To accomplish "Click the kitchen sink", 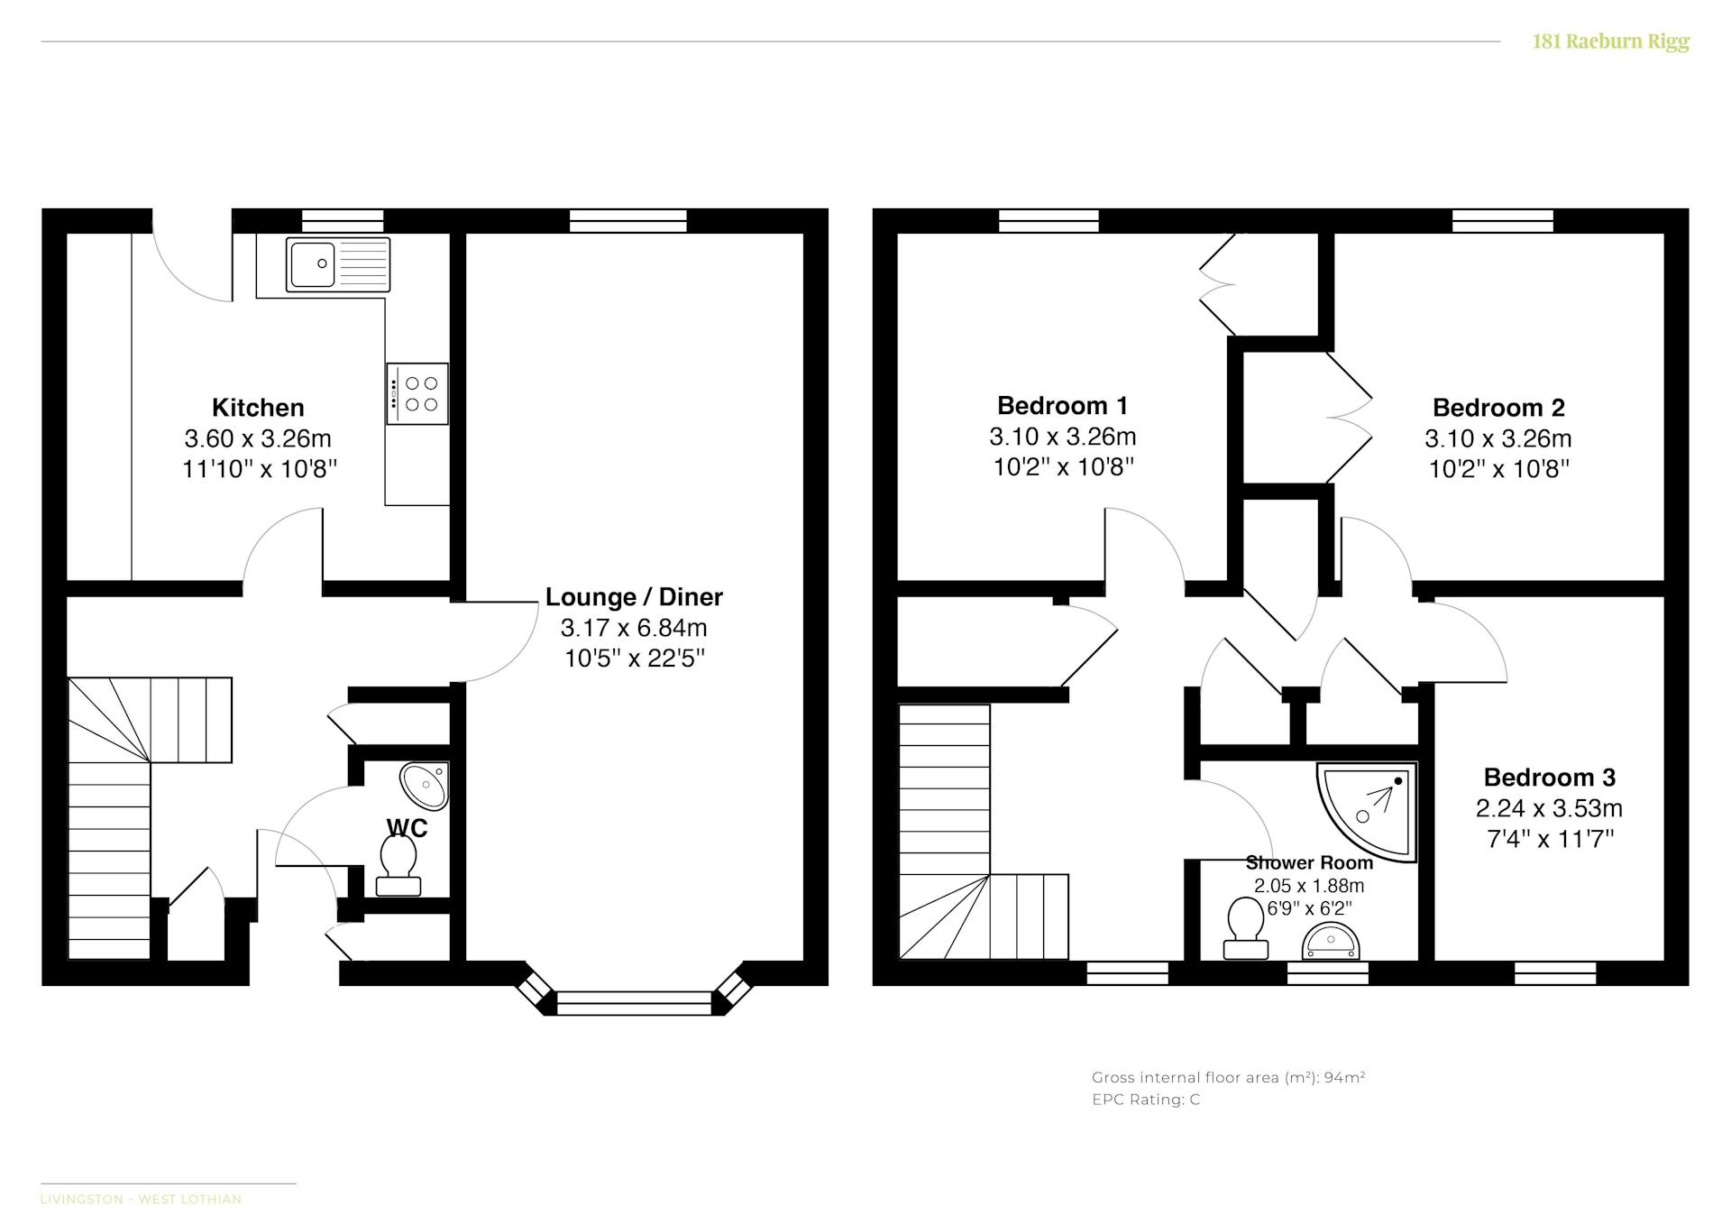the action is (x=338, y=264).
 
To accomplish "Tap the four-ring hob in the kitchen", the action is (x=417, y=393).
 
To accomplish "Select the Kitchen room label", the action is (x=258, y=407).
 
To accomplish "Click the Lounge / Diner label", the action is (x=634, y=597).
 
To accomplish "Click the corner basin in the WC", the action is (x=426, y=786).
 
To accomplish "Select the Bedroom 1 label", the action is (x=1062, y=405).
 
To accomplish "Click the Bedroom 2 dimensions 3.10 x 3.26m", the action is (x=1497, y=438).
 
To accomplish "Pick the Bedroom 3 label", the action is (x=1550, y=777).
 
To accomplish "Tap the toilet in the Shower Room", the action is (x=1246, y=927).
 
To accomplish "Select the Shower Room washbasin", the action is (x=1331, y=942).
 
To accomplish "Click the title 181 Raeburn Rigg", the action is (x=1611, y=41).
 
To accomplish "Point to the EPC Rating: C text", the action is (x=1146, y=1100).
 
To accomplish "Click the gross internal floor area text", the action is (x=1228, y=1077).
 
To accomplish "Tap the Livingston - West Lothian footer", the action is (x=141, y=1199).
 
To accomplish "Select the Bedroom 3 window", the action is (x=1555, y=973).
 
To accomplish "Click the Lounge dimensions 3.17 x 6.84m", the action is (x=634, y=628).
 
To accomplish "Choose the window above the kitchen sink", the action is (x=343, y=221).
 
